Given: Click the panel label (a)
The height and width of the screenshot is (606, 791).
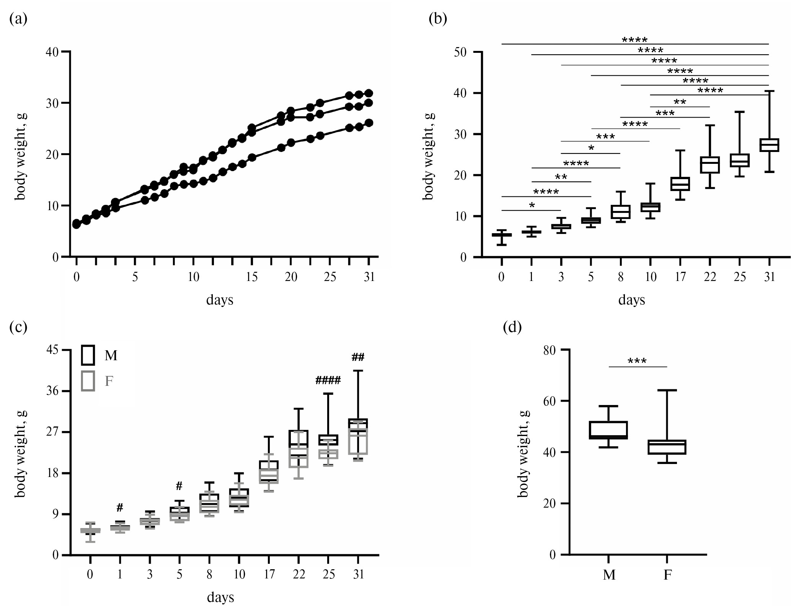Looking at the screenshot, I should click(x=18, y=19).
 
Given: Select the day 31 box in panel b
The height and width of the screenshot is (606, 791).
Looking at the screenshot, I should click(x=769, y=145).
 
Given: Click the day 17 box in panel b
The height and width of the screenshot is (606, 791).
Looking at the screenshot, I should click(x=680, y=184).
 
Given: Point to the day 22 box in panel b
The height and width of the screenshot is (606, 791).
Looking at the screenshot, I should click(x=710, y=165).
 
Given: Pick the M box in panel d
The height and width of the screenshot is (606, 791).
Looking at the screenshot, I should click(x=608, y=430).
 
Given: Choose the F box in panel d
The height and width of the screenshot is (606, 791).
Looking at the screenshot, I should click(x=667, y=447).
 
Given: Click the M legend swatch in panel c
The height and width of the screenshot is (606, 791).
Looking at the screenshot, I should click(x=88, y=355).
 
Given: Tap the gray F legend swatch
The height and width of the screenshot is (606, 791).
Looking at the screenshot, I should click(x=88, y=381).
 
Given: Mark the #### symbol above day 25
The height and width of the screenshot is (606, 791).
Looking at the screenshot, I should click(x=328, y=380).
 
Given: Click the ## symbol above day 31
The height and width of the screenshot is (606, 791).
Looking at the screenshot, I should click(x=358, y=357).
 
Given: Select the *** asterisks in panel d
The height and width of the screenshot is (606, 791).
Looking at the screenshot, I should click(x=638, y=361).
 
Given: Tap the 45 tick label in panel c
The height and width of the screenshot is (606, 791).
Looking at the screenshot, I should click(x=52, y=350).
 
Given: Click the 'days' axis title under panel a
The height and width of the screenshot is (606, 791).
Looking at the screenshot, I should click(x=220, y=300).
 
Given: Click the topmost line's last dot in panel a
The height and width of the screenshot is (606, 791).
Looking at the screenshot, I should click(x=369, y=93).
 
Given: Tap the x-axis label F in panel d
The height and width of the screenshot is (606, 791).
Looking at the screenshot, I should click(x=667, y=575).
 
